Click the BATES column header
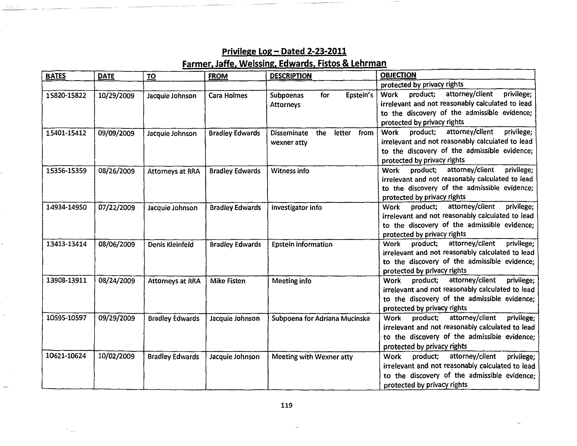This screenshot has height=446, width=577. [x=55, y=76]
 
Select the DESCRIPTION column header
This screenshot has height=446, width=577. [x=291, y=76]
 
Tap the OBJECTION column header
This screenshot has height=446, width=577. [x=398, y=75]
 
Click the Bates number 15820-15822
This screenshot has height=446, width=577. [x=66, y=95]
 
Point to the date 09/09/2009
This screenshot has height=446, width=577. [x=116, y=133]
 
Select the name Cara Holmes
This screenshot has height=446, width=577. [x=228, y=95]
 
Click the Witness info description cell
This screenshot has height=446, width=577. [x=290, y=171]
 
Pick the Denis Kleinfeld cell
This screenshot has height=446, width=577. [x=171, y=245]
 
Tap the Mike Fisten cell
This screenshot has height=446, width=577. [x=227, y=281]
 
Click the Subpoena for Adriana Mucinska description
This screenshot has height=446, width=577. [x=320, y=318]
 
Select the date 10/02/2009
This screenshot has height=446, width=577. [x=116, y=356]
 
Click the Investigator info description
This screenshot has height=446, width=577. [x=296, y=208]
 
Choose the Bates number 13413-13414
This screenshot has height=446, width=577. [x=66, y=244]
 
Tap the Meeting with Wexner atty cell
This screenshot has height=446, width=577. [x=312, y=357]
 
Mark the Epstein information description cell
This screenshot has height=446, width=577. [x=302, y=244]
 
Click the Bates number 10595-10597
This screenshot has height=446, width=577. [x=66, y=318]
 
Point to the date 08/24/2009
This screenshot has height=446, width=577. [x=117, y=281]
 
